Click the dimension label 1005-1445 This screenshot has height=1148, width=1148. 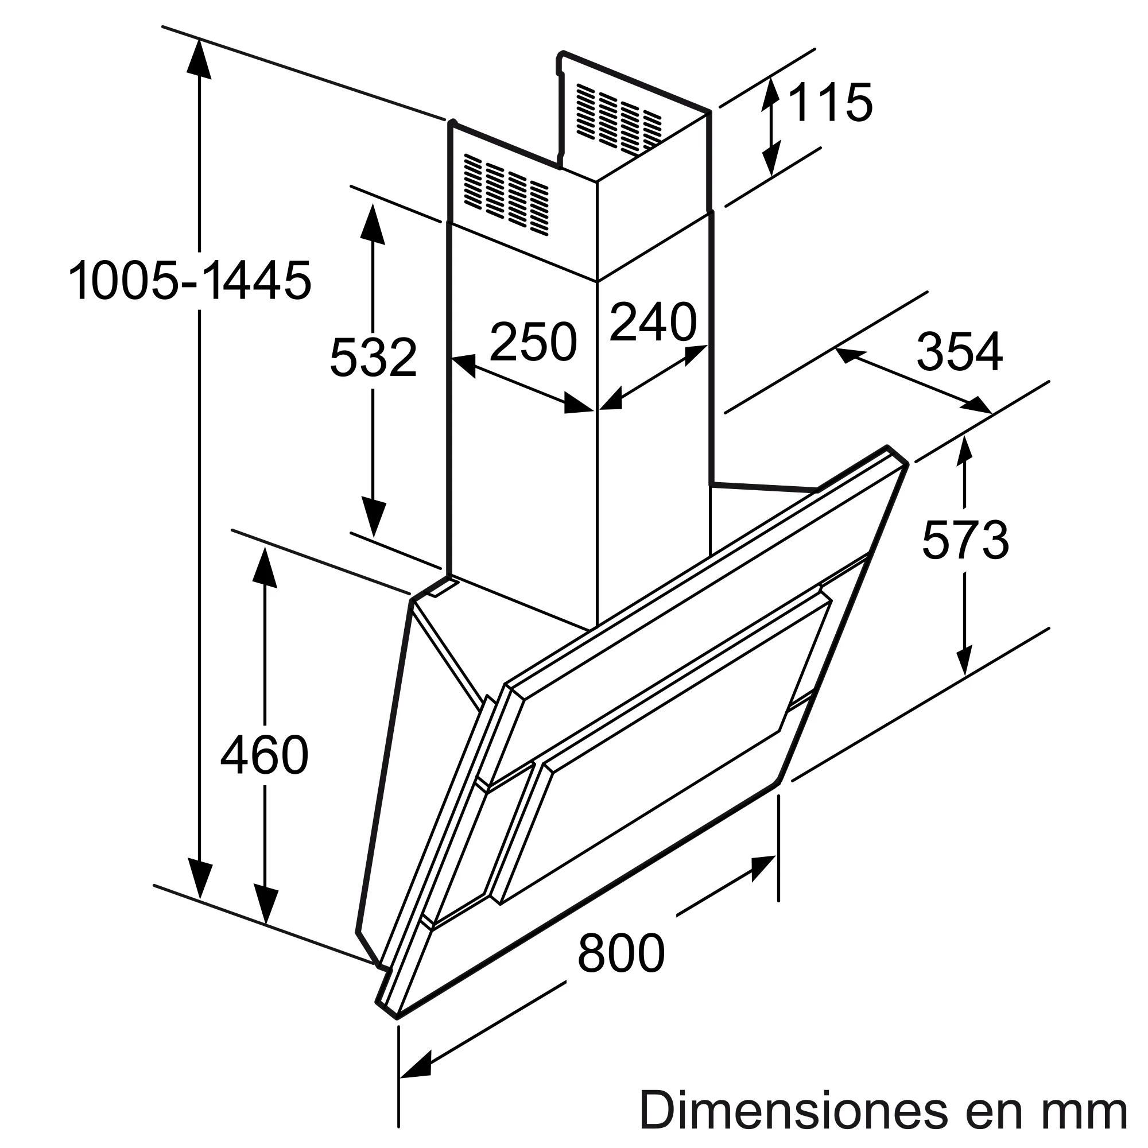pyautogui.click(x=189, y=281)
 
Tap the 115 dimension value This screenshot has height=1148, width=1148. pyautogui.click(x=830, y=103)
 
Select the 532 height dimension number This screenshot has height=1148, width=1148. pyautogui.click(x=373, y=357)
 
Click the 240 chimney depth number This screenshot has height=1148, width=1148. pyautogui.click(x=653, y=322)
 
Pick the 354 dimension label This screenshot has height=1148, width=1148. pyautogui.click(x=959, y=352)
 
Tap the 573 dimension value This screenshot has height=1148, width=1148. pyautogui.click(x=965, y=540)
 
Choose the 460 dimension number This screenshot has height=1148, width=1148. pyautogui.click(x=265, y=755)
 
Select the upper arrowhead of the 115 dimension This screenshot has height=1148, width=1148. pyautogui.click(x=771, y=95)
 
